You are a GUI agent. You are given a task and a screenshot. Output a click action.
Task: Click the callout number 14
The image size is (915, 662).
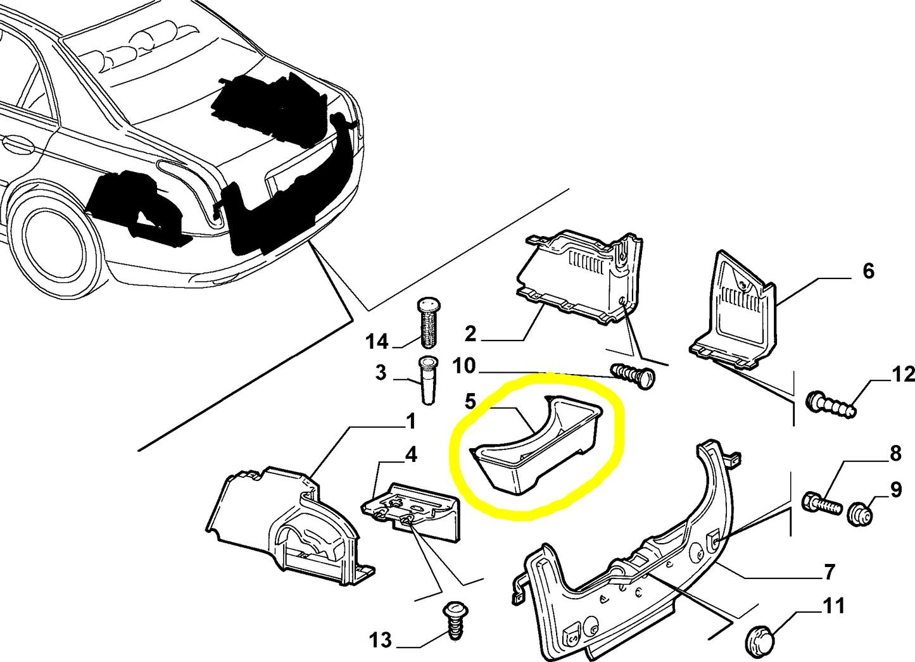tap(376, 341)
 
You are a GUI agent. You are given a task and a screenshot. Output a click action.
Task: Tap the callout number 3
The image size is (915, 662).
tap(381, 372)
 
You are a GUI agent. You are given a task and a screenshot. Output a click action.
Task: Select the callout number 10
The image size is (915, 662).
tap(464, 366)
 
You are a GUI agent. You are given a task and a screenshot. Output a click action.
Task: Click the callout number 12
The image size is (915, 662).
tap(903, 374)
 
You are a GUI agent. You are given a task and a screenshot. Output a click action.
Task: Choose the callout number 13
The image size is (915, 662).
tap(381, 640)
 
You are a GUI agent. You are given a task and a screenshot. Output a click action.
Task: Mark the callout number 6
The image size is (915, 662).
tap(868, 271)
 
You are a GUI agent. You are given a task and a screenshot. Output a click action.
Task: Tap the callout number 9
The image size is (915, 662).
tap(896, 490)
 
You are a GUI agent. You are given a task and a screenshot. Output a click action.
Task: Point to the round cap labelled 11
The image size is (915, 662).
tap(762, 644)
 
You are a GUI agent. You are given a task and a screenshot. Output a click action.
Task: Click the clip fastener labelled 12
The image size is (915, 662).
tap(830, 404)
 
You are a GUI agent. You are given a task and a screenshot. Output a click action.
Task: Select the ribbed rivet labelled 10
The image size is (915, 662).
tap(633, 375)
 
